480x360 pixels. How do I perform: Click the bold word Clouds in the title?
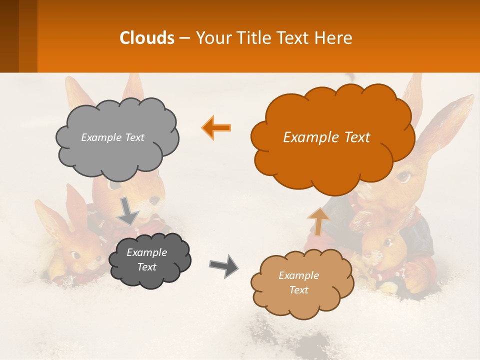coord(147,37)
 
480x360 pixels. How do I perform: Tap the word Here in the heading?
coord(334,37)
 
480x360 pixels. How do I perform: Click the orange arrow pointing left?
coord(216,127)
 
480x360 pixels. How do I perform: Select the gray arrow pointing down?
coord(128,210)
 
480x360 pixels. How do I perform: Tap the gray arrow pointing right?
coord(224,265)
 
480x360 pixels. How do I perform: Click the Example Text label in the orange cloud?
coord(326,137)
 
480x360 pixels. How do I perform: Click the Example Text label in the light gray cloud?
coord(112,137)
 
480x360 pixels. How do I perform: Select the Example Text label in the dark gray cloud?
coord(146,260)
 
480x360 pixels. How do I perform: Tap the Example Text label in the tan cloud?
coord(298,282)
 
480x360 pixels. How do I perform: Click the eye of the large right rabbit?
coord(404,176)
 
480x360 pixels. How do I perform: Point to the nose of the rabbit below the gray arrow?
coord(154,200)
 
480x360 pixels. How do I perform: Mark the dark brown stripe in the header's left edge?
coord(9,36)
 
